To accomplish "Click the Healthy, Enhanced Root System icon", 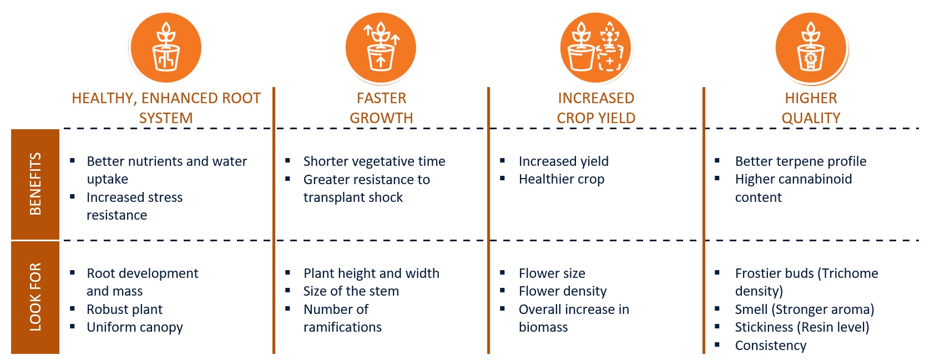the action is click(166, 47).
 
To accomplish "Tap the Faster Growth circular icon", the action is click(381, 47).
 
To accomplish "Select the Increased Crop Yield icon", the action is click(595, 47).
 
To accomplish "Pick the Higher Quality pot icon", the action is click(811, 47).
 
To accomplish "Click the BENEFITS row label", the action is click(36, 184).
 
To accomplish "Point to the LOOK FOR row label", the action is click(36, 297).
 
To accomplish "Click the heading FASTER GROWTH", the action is click(381, 108).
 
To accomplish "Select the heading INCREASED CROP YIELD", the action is click(596, 108).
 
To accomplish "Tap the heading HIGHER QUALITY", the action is click(811, 108).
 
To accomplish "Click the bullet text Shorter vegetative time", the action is click(374, 161).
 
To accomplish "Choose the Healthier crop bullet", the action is click(562, 179).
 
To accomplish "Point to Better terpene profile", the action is click(801, 161).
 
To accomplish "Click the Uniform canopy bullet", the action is click(134, 327).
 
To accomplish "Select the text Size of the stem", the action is click(351, 291).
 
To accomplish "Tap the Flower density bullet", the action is click(563, 291).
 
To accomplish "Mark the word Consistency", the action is click(771, 346).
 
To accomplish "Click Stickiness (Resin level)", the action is click(802, 327).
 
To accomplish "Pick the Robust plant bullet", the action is click(124, 310).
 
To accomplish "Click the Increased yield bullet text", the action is click(563, 161).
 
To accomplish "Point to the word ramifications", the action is click(342, 327).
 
